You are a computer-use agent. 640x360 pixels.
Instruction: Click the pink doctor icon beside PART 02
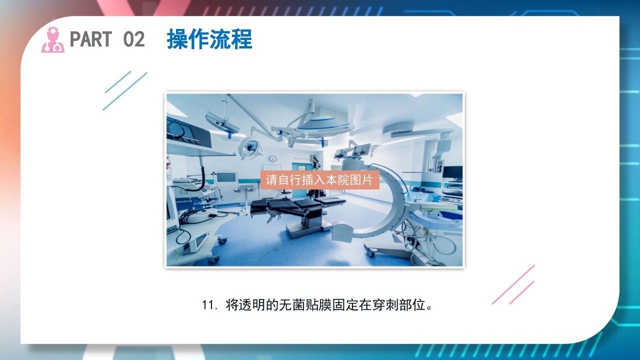[x=52, y=40]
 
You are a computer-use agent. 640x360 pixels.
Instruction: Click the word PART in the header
[x=90, y=39]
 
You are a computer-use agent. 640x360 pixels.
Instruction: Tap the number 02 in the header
[x=133, y=39]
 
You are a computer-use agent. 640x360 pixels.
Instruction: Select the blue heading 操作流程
[x=209, y=39]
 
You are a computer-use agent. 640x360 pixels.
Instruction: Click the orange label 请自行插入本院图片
[x=319, y=180]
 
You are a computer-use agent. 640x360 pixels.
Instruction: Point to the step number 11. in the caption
[x=209, y=305]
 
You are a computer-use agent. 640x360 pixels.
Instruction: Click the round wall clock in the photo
[x=273, y=159]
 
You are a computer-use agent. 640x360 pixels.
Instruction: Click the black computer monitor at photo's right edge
[x=452, y=172]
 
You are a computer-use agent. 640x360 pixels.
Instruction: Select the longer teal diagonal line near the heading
[x=125, y=91]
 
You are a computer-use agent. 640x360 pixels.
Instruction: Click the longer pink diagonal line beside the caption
[x=513, y=284]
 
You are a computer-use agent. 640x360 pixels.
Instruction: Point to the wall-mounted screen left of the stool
[x=226, y=177]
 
